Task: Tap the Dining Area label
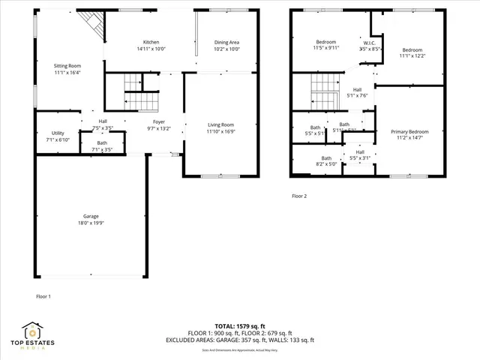pos(226,42)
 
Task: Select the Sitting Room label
pos(67,65)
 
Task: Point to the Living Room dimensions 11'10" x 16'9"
pos(221,131)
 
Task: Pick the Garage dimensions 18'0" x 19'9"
pos(91,223)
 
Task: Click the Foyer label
pos(159,121)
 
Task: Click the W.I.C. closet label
pos(370,42)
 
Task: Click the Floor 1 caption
pos(43,297)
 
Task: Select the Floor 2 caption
pos(299,196)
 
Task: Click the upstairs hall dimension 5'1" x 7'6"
pos(357,96)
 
